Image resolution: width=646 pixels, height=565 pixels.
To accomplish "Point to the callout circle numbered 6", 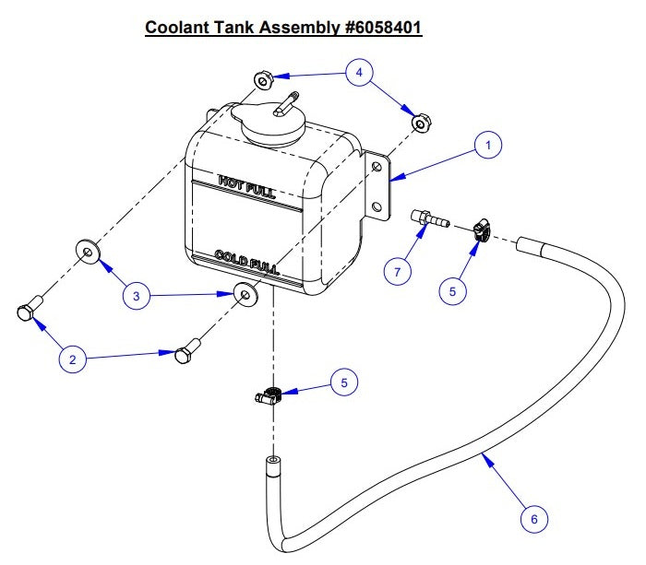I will [532, 519].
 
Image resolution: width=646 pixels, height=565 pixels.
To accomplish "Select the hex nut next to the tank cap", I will [264, 80].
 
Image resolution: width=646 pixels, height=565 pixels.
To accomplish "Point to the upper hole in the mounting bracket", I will [377, 167].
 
